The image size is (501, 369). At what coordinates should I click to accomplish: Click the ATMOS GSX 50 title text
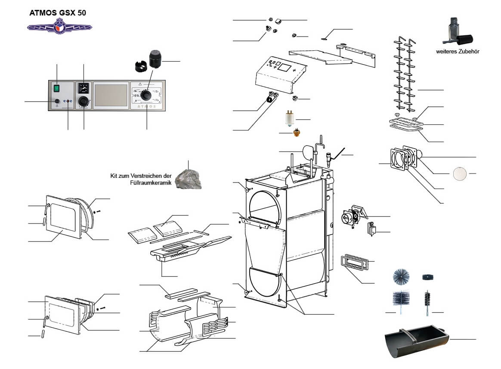[57, 12]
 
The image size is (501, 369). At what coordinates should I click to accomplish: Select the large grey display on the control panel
[111, 95]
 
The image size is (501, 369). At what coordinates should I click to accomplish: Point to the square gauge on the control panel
[83, 89]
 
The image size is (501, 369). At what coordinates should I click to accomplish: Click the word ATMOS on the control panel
[146, 105]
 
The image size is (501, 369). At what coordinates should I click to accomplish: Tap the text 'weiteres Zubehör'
[458, 51]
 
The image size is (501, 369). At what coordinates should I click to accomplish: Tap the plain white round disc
[459, 174]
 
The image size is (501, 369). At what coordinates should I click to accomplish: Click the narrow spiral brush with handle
[427, 298]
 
